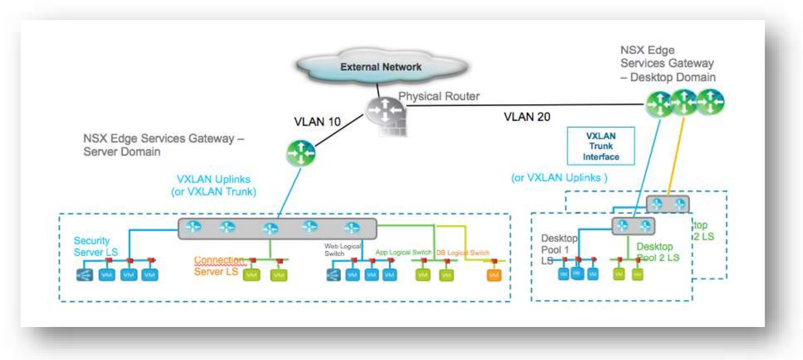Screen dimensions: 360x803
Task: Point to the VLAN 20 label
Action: click(526, 117)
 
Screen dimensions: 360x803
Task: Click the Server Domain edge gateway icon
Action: click(300, 153)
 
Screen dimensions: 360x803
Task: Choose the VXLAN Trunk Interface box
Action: click(600, 146)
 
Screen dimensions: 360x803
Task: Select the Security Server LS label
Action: click(96, 247)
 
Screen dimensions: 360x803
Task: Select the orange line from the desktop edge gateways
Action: click(675, 155)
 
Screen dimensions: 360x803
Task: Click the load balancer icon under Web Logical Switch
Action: click(334, 275)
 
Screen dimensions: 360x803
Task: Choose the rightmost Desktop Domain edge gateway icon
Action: click(710, 102)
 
